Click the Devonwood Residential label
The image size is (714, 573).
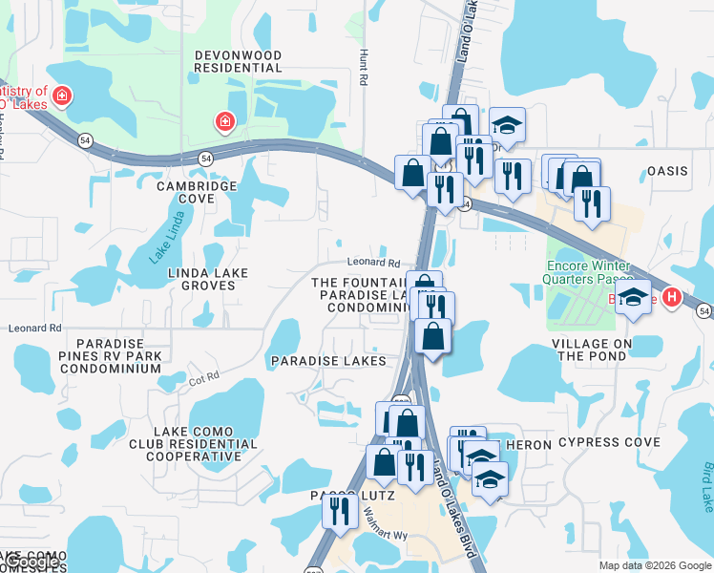[x=238, y=61]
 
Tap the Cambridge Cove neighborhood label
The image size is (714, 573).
[x=199, y=192]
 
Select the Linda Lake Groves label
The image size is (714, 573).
[x=208, y=279]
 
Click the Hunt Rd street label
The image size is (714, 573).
[x=363, y=69]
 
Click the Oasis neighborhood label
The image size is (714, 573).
[x=667, y=171]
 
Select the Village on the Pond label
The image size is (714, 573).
[x=592, y=350]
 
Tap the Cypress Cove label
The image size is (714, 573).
[x=609, y=442]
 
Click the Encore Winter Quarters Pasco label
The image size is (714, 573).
[x=587, y=273]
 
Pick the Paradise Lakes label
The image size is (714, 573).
[x=328, y=361]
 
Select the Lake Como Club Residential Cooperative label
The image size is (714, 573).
[x=192, y=444]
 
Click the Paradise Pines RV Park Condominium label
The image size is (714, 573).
[x=113, y=356]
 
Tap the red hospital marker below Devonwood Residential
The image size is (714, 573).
[x=225, y=121]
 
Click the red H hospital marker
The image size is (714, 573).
[x=671, y=298]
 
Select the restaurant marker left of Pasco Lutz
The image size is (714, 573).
[x=338, y=512]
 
